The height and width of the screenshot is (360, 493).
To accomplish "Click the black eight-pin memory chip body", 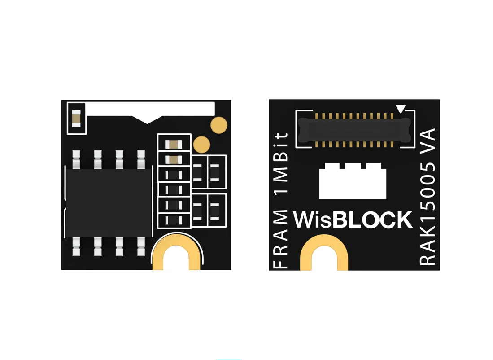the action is pos(109,203).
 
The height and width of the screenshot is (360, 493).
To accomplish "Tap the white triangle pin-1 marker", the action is pos(401,109).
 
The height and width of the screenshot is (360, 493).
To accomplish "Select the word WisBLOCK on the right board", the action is pos(353,220).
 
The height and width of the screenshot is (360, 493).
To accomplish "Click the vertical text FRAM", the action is pos(281,239).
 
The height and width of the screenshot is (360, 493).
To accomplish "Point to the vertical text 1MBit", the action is pos(281,164).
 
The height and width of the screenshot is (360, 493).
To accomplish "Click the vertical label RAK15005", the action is pos(428,214).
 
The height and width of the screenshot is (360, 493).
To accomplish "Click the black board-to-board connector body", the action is pos(354,129).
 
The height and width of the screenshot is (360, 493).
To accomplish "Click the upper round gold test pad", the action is pos(219,125).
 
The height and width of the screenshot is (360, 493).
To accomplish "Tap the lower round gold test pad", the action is pos(201,145).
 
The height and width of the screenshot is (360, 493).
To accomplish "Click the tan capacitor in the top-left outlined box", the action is pos(76,119).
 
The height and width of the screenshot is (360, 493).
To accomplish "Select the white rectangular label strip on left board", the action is pos(151,109).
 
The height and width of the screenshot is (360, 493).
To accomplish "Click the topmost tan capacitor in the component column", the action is pos(174,145).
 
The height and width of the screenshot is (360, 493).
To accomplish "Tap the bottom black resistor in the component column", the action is pos(174,220).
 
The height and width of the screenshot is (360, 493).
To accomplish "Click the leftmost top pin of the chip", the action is pos(76,159).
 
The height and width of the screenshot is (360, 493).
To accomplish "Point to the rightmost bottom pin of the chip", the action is pos(141,246).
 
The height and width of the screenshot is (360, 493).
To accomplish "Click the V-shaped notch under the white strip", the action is pos(147,121).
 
